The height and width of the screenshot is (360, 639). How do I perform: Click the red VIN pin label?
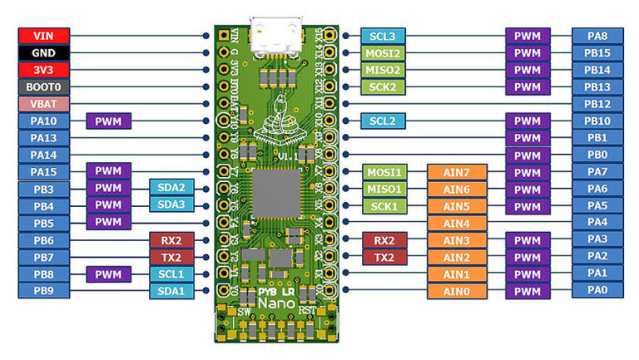click(x=43, y=36)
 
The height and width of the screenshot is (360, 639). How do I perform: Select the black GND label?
click(x=43, y=52)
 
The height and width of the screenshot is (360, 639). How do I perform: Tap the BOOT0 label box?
click(x=43, y=86)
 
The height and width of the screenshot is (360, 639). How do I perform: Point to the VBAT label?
click(x=43, y=104)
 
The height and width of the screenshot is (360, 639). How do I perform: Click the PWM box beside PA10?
click(x=108, y=121)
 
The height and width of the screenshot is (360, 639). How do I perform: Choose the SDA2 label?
click(x=171, y=189)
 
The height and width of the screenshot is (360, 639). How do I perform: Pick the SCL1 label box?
click(x=171, y=274)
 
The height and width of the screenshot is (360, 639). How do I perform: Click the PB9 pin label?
click(x=43, y=291)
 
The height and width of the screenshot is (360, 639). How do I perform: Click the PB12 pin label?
click(x=597, y=104)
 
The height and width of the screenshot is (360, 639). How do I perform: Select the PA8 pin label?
click(x=597, y=36)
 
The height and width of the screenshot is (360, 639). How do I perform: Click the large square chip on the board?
click(x=276, y=193)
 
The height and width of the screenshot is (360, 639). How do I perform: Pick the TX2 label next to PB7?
click(x=171, y=257)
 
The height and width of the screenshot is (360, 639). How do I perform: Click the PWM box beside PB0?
click(x=528, y=155)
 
